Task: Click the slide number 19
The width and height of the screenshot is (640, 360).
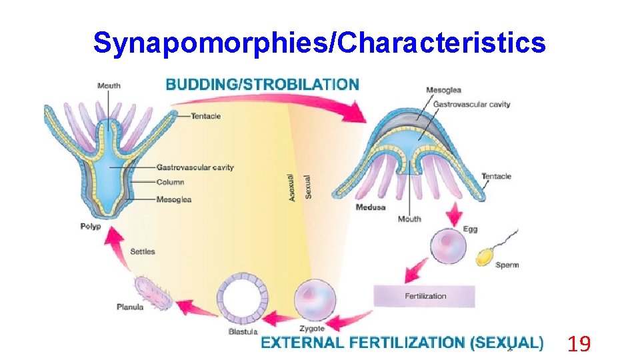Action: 579,344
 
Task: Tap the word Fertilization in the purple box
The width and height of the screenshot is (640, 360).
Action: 425,296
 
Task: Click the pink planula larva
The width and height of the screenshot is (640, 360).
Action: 153,293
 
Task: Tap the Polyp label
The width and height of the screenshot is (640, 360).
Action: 90,227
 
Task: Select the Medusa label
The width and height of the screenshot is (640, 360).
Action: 371,207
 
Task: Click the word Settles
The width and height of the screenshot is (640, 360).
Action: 142,251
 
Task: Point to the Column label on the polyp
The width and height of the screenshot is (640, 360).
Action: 170,182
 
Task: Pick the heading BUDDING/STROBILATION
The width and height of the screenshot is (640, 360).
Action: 262,85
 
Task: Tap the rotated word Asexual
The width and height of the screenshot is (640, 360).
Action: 291,189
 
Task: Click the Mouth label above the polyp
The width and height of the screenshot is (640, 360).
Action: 109,85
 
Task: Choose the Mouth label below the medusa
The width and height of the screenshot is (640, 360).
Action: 409,219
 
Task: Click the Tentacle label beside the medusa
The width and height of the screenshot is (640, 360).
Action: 496,176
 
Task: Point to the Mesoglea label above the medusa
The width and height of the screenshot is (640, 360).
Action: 443,90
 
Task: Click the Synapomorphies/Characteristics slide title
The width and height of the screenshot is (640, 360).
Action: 319,43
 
